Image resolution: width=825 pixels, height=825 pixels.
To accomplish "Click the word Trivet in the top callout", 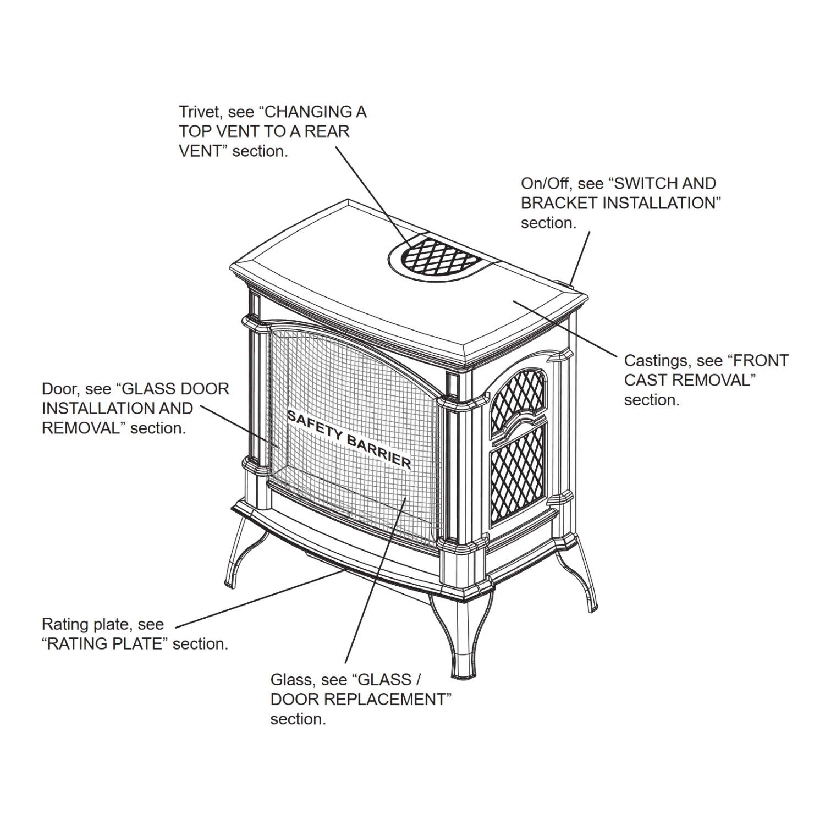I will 199,112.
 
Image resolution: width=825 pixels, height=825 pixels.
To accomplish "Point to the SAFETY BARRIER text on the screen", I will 349,439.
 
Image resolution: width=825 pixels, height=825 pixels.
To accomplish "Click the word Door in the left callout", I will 61,389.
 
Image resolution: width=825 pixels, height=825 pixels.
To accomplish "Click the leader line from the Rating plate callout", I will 258,599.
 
